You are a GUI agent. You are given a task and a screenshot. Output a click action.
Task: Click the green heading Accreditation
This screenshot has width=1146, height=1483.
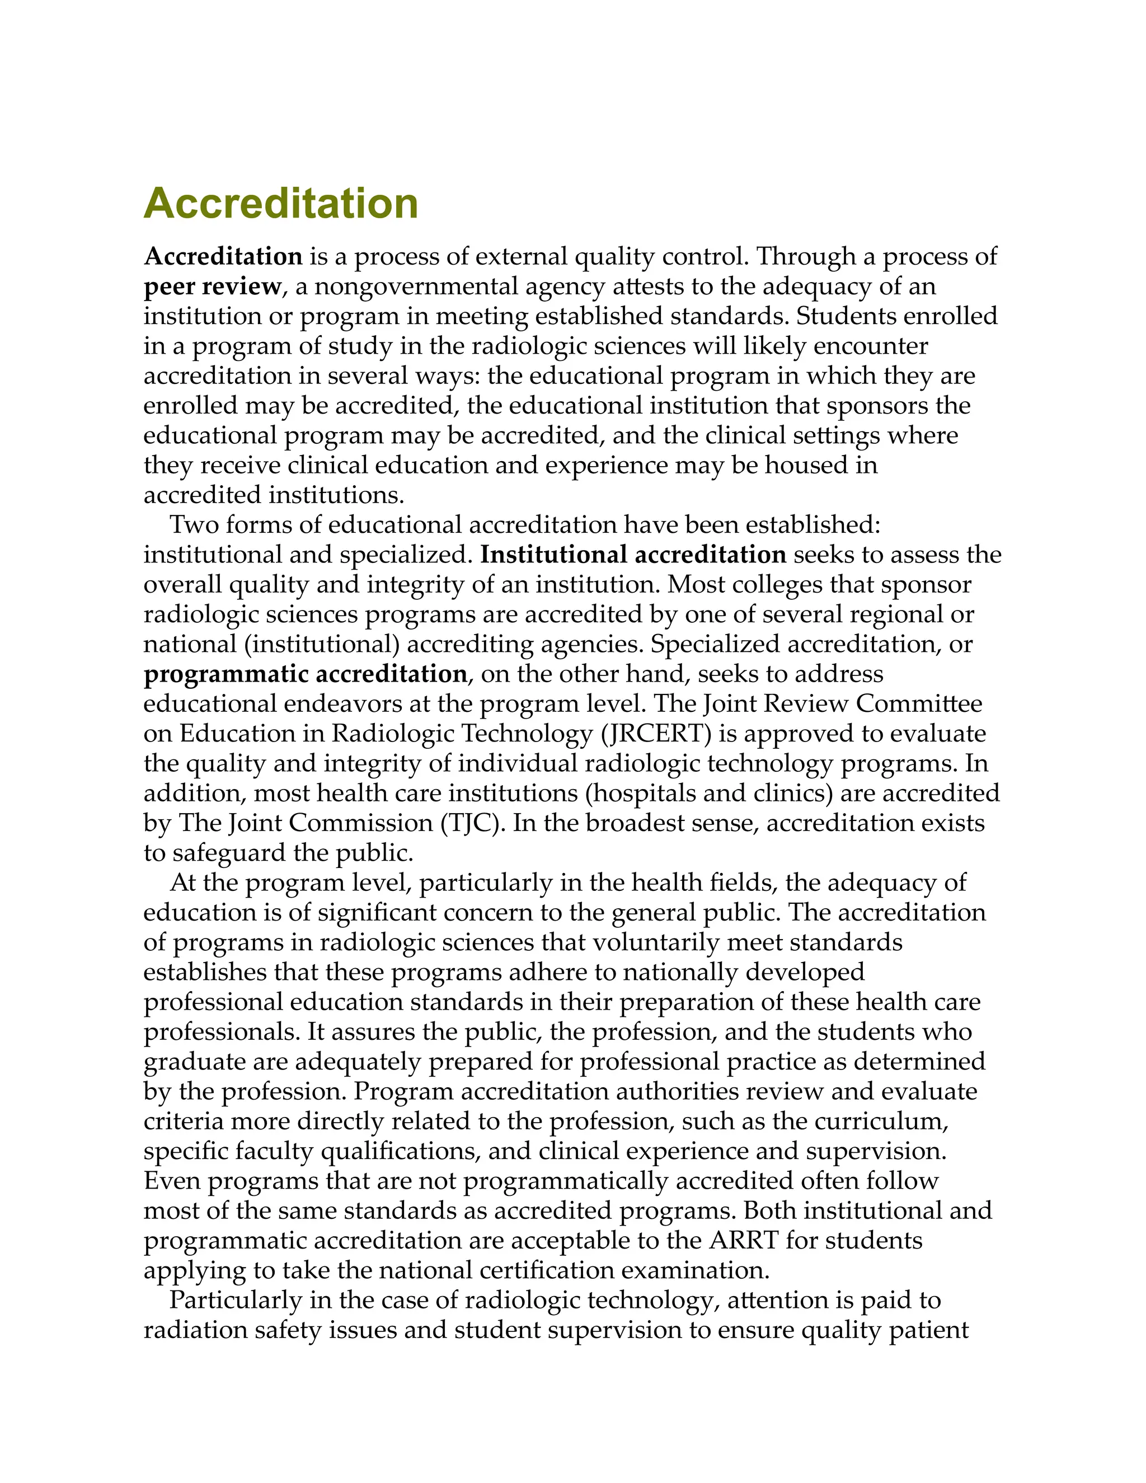pos(280,203)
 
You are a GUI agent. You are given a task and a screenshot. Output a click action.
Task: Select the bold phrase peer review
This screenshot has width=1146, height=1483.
pos(212,287)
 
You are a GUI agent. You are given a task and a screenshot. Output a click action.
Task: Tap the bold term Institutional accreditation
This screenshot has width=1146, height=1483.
pos(633,555)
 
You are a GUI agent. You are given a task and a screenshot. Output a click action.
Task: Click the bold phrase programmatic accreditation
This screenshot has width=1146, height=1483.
pos(305,674)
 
